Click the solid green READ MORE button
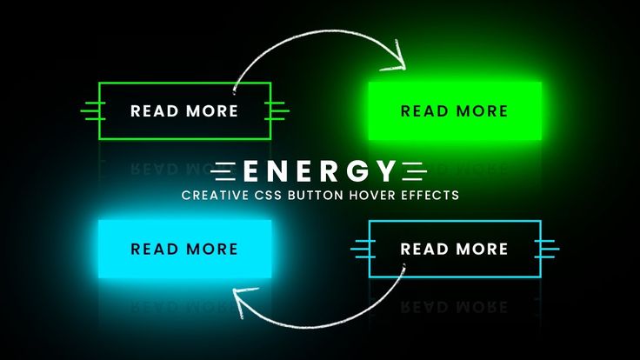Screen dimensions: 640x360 point(455,111)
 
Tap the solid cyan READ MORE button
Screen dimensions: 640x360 point(185,249)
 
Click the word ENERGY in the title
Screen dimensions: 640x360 point(319,171)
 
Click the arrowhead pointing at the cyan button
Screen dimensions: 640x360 point(243,301)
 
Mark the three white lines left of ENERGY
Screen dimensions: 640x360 point(223,171)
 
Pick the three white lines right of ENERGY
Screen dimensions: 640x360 point(414,171)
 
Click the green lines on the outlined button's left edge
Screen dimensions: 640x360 point(93,111)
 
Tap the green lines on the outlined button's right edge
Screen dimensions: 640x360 point(277,111)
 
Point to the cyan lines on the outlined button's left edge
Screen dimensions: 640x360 point(363,249)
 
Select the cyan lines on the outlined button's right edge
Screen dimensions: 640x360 point(547,249)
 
